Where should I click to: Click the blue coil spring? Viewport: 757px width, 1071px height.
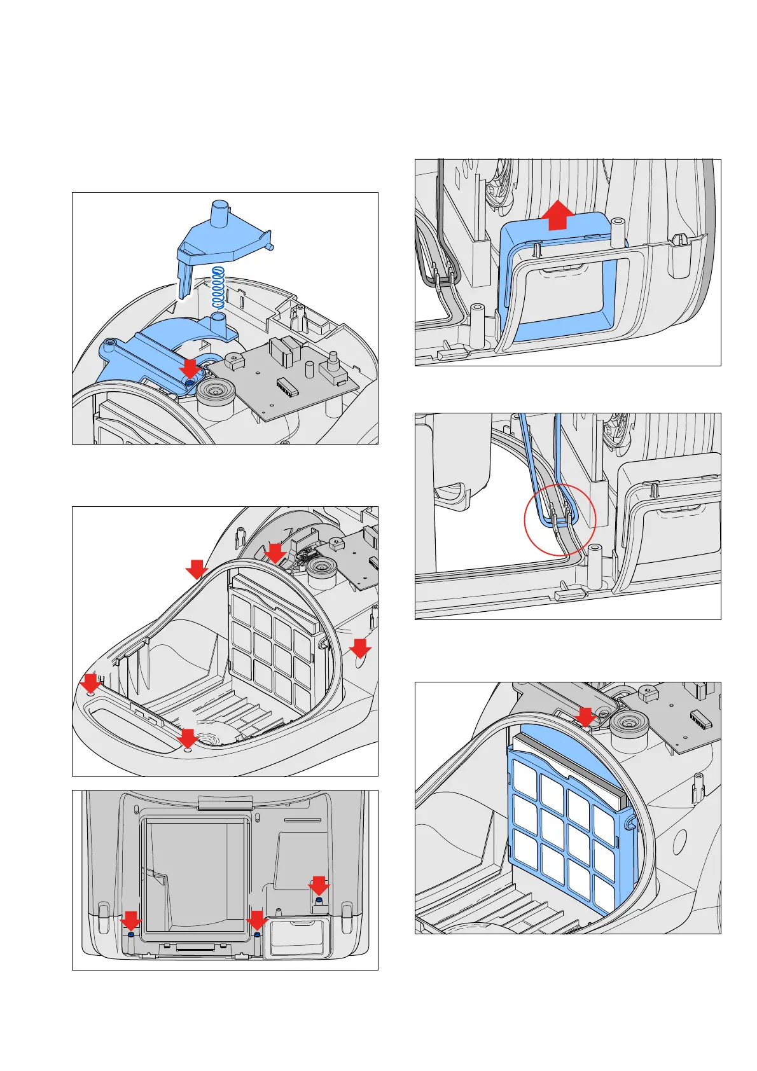click(x=218, y=287)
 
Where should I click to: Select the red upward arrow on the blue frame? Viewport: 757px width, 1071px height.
click(x=558, y=214)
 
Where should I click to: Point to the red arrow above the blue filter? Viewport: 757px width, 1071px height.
click(x=584, y=717)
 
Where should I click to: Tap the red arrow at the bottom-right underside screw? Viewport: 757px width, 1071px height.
click(x=257, y=921)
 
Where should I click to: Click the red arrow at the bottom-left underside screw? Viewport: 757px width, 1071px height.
click(x=131, y=921)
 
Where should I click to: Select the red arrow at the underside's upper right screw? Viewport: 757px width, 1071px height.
click(x=319, y=886)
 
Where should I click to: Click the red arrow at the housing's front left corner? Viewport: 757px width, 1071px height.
click(x=90, y=684)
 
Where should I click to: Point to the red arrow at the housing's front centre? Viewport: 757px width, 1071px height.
click(x=188, y=738)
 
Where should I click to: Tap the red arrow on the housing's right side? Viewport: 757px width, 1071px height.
click(x=361, y=649)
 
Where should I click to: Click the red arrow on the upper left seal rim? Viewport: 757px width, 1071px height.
click(x=197, y=569)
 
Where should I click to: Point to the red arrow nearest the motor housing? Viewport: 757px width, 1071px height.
click(x=275, y=552)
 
